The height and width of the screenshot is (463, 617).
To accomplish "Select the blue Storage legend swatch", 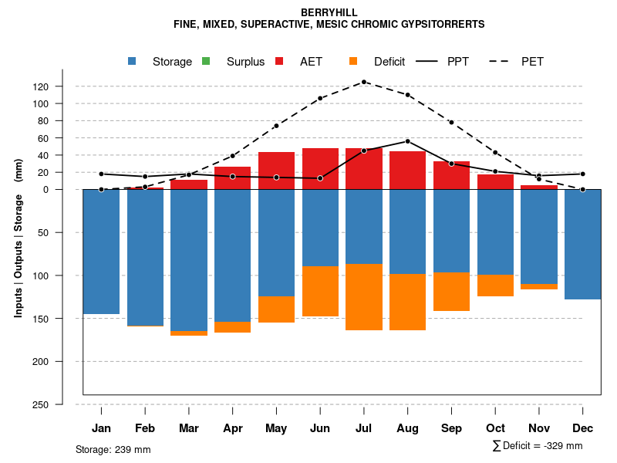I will [x=132, y=61].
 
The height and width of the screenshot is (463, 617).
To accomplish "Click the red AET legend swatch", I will [x=279, y=61].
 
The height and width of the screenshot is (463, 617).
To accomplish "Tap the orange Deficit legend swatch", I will [x=353, y=61].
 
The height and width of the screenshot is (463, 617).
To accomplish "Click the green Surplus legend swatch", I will [x=206, y=61].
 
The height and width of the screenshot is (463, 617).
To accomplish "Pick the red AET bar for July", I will [x=364, y=168].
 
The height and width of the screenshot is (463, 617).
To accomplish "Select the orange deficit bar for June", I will [x=320, y=291].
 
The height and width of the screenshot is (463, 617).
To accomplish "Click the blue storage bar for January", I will [x=101, y=252].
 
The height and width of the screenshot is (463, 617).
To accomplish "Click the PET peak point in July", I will [x=364, y=82].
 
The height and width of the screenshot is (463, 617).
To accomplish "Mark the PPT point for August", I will [x=408, y=141].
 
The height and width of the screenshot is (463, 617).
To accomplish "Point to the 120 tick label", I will [x=41, y=86].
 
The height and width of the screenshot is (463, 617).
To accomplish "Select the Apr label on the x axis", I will [x=232, y=428].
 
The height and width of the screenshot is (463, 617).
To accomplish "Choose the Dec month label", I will [x=582, y=428].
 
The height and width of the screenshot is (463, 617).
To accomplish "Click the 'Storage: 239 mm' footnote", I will [x=113, y=449].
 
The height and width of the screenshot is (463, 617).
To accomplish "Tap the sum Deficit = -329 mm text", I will [x=538, y=445].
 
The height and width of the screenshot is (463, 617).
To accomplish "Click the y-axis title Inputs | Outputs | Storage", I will [x=19, y=238].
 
